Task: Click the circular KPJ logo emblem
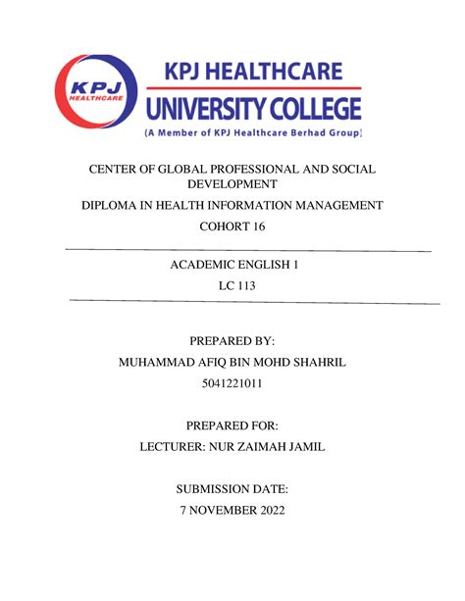pyautogui.click(x=98, y=95)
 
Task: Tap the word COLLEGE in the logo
pyautogui.click(x=314, y=108)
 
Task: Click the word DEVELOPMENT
pyautogui.click(x=232, y=184)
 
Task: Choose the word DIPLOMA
pyautogui.click(x=117, y=205)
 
